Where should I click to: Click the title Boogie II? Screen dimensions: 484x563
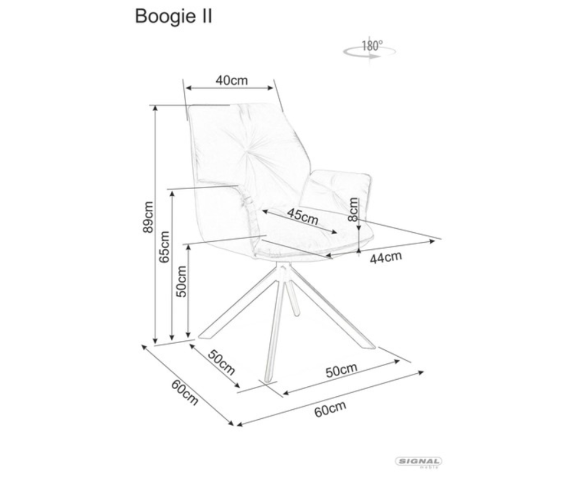[x=174, y=16]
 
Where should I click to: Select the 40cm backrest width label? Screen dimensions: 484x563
[x=231, y=80]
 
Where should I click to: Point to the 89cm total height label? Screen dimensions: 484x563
[x=148, y=217]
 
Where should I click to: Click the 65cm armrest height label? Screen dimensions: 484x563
[x=164, y=247]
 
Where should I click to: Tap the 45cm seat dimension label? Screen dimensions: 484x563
[x=302, y=216]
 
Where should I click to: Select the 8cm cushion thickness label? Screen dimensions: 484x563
[x=353, y=209]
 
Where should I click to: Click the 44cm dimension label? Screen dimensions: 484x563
[x=386, y=258]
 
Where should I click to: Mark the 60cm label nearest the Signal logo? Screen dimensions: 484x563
[x=330, y=408]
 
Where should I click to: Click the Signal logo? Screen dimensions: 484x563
[x=419, y=462]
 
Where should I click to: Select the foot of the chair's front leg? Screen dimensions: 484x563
[x=268, y=378]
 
